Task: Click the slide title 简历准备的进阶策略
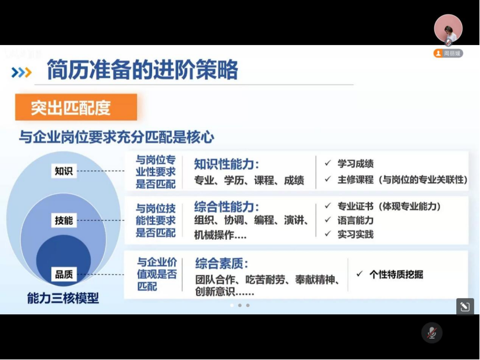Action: tap(142, 70)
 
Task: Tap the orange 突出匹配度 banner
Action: tap(76, 107)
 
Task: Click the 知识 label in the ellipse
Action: tap(64, 170)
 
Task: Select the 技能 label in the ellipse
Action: tap(64, 220)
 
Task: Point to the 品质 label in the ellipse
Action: tap(64, 274)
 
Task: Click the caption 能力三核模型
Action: tap(63, 298)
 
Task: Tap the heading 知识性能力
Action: tap(227, 165)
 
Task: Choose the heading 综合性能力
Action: tap(227, 207)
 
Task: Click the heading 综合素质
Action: tap(221, 263)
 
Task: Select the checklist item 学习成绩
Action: tap(356, 164)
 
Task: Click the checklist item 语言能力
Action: tap(356, 220)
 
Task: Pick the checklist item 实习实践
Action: tap(356, 234)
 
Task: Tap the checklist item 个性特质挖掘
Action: tap(396, 274)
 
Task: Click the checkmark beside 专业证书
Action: tap(328, 206)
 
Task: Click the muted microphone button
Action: tap(431, 333)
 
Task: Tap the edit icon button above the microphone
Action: tap(465, 306)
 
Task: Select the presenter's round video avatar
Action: tap(448, 29)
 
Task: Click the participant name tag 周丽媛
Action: tap(448, 54)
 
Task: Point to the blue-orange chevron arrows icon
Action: tap(21, 72)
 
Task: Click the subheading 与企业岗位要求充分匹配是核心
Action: tap(116, 137)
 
